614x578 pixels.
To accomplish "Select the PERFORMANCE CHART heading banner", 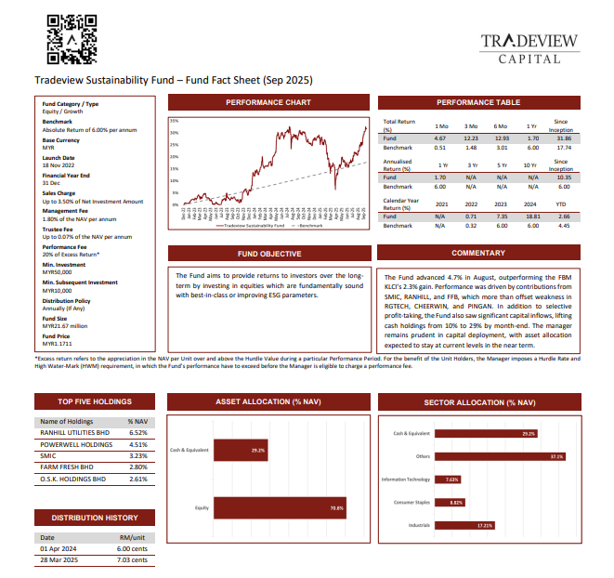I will [268, 102].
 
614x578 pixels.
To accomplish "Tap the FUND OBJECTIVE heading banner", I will [268, 254].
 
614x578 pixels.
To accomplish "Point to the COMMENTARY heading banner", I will [478, 254].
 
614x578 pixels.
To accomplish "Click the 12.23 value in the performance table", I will [471, 138].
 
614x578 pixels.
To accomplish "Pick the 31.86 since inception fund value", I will [562, 138].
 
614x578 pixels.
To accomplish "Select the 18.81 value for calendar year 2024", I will [532, 217].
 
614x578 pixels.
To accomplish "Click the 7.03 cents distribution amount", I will [132, 560].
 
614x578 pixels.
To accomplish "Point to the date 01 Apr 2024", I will [58, 549].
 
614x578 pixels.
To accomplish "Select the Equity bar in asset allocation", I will [280, 508].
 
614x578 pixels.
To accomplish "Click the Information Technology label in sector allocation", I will [406, 479].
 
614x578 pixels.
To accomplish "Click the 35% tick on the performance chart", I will [174, 121].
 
